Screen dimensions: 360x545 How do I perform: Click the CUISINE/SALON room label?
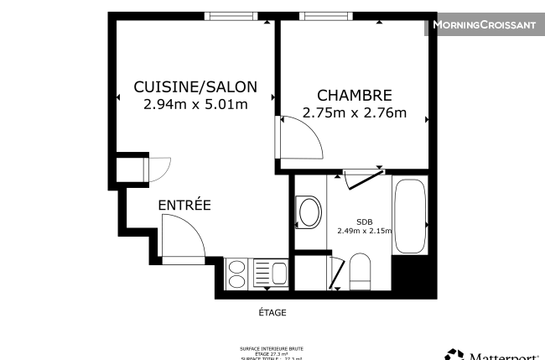tap(195, 86)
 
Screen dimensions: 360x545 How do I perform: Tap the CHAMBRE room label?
tap(354, 95)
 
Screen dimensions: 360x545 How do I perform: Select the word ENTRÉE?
tap(184, 206)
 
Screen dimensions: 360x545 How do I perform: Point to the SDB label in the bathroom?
tap(365, 222)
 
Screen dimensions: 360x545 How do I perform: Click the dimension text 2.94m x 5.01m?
tap(195, 105)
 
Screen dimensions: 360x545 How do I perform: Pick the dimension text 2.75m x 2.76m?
tap(354, 113)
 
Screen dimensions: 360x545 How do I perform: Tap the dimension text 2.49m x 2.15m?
tap(365, 232)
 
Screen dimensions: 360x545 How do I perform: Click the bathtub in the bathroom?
tap(410, 216)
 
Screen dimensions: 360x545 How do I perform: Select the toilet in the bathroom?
tap(361, 269)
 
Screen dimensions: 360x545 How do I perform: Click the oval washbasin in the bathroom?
tap(309, 212)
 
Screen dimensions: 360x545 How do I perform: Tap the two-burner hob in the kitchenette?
tap(237, 273)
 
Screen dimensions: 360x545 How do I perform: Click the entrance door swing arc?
tap(183, 238)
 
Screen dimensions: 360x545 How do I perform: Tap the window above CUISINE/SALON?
tap(231, 16)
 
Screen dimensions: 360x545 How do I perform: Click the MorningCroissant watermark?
tap(484, 25)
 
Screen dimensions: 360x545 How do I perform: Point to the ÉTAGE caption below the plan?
tap(272, 313)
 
